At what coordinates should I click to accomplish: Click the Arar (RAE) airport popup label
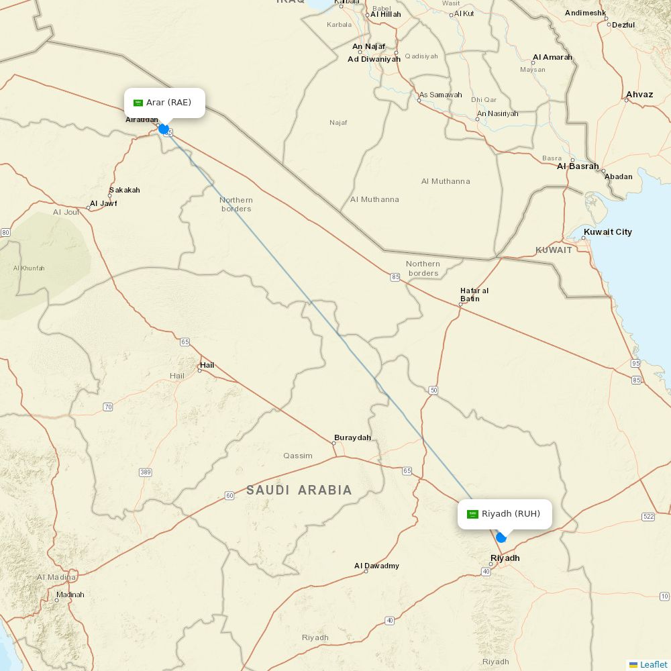pos(164,103)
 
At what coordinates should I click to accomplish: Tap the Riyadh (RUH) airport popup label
pos(505,514)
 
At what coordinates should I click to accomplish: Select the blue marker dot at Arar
pos(163,129)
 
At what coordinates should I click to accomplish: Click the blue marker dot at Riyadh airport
pos(501,537)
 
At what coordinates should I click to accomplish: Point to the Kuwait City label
pos(607,232)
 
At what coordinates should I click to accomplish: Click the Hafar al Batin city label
pos(474,295)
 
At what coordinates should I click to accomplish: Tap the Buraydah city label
pos(352,437)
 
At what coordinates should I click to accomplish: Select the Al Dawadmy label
pos(376,566)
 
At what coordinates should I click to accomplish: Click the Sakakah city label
pos(124,190)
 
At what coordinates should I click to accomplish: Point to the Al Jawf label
pos(103,203)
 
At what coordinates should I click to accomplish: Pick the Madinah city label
pos(70,595)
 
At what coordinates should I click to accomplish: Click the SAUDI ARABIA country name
pos(299,490)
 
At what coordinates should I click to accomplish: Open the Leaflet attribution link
pos(653,664)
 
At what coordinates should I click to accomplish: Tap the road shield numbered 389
pos(146,472)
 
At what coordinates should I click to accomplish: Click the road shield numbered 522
pos(648,516)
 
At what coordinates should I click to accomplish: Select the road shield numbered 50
pos(433,390)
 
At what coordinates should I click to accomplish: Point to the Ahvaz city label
pos(639,95)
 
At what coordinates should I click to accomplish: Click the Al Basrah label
pos(577,166)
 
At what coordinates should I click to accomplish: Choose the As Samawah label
pos(440,95)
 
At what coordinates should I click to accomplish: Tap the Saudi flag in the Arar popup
pos(138,103)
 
